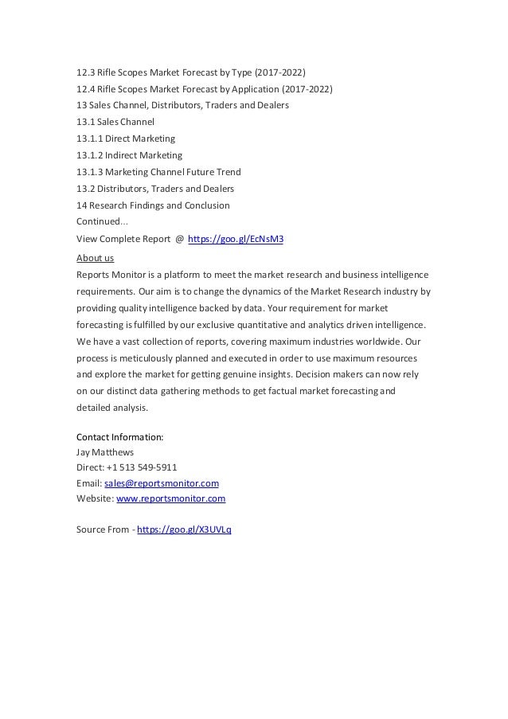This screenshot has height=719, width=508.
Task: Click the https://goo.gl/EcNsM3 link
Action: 235,238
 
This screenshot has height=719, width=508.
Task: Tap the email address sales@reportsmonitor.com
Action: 162,483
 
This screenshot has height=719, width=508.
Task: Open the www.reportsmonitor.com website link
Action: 170,498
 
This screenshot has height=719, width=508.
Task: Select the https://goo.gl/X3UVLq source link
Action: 185,529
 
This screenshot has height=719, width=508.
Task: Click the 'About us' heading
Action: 95,258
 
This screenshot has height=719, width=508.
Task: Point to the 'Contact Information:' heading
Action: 120,437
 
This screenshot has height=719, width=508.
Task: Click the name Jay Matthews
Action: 106,452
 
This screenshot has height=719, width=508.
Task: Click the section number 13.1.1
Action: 88,139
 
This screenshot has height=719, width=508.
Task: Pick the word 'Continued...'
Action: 99,221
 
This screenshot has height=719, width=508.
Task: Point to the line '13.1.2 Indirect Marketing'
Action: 129,155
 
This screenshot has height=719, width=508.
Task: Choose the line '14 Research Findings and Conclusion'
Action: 153,205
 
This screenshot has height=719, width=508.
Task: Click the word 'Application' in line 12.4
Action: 243,88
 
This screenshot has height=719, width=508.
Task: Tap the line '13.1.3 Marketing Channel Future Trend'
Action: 158,172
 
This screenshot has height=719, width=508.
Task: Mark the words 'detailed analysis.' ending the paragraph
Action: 112,408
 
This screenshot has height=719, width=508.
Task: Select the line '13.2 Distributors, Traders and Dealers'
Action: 154,189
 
